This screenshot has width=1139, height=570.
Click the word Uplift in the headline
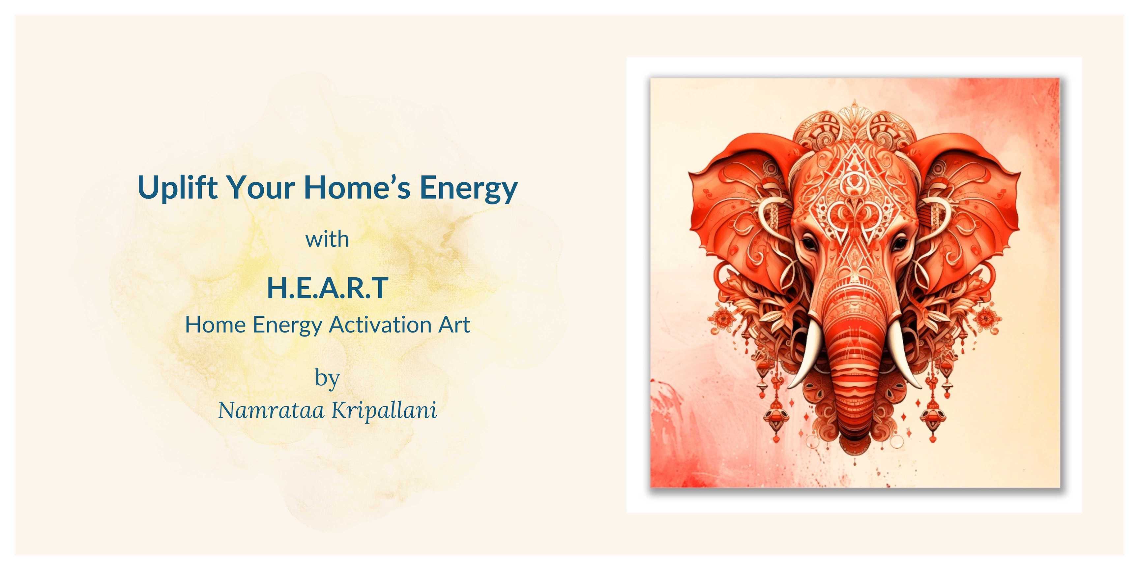pyautogui.click(x=178, y=188)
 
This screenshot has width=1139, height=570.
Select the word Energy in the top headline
pyautogui.click(x=468, y=189)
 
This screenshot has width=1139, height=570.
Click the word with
pyautogui.click(x=327, y=239)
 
